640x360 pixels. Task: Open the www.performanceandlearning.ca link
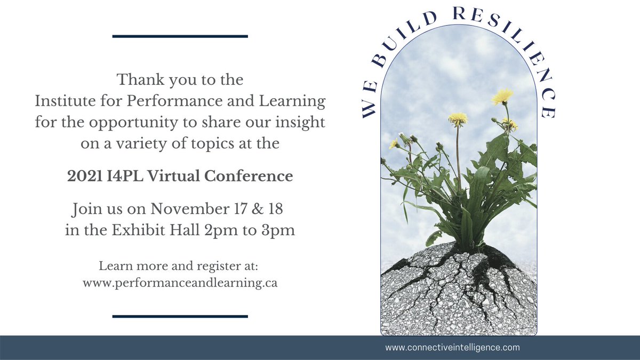pos(180,283)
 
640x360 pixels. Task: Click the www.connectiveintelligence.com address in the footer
pos(452,348)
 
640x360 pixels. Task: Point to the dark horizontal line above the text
pos(180,36)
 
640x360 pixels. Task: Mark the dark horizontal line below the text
pos(180,316)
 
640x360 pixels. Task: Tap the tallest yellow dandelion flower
pos(502,97)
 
